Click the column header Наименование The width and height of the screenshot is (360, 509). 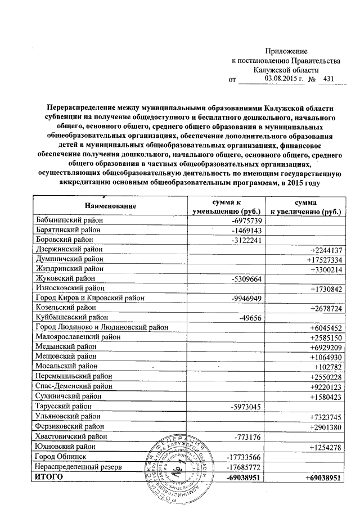110,206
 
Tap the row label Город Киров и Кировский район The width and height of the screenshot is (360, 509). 89,298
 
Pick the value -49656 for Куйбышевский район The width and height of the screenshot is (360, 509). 250,317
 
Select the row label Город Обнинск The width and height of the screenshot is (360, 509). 60,456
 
